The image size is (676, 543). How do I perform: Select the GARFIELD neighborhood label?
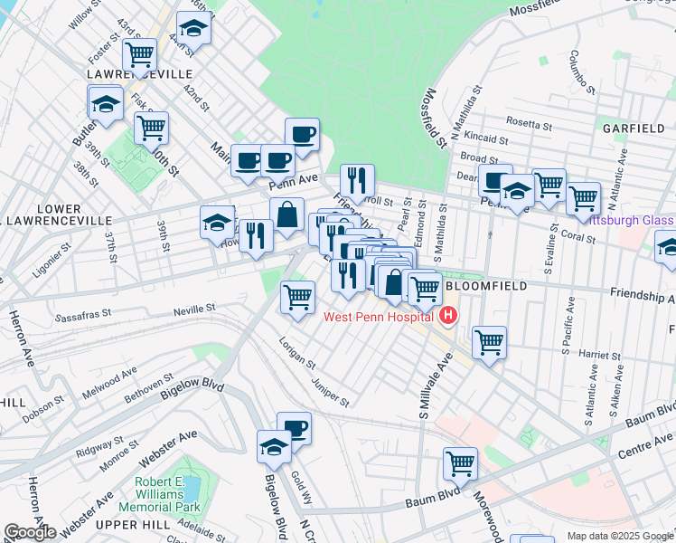point(635,129)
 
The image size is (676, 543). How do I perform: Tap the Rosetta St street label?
point(530,124)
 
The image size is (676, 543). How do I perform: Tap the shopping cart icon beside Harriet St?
point(489,342)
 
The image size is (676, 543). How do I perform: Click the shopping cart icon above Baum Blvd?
point(461,463)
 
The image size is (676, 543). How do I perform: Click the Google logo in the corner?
point(30,532)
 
